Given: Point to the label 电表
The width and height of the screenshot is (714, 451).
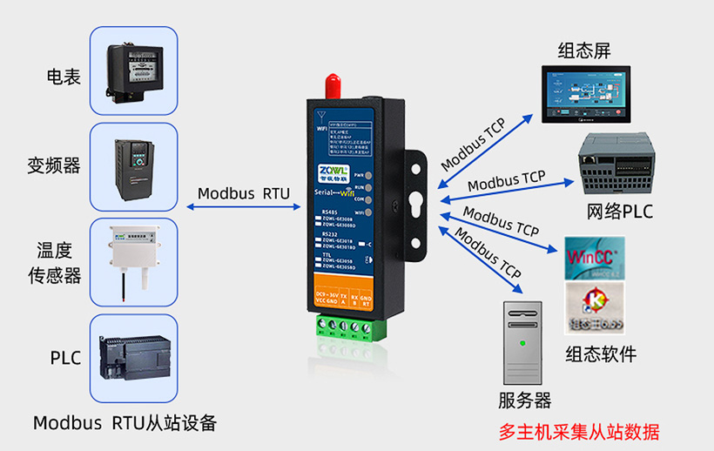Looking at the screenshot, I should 64,77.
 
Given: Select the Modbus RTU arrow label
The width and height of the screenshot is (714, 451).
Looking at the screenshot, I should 243,193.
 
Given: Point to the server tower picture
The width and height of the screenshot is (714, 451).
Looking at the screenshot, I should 522,342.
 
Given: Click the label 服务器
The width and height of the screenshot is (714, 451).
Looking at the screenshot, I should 524,401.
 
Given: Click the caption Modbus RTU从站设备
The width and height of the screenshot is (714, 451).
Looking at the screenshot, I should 125,424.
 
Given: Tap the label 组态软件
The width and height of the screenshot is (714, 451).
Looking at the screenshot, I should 601,354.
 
